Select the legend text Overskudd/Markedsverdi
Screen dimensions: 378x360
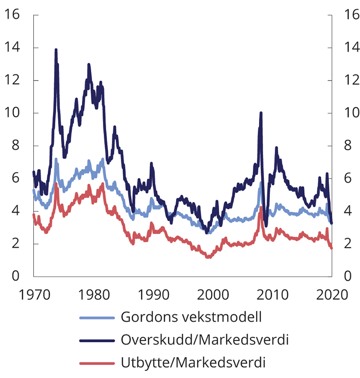tap(204, 339)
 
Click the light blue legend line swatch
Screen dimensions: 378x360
tap(97, 317)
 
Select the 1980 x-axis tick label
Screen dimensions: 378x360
tap(94, 295)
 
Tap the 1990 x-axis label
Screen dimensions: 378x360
tap(153, 295)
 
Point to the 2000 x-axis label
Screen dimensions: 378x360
tap(213, 295)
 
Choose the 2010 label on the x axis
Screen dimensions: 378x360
tap(272, 295)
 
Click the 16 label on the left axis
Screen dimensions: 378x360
tap(12, 15)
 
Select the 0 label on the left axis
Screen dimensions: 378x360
tap(16, 276)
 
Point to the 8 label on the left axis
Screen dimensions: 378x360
tap(16, 146)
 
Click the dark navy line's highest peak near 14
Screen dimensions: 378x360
tap(56, 50)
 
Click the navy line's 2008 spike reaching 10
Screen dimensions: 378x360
tap(261, 113)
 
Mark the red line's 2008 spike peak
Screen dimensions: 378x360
tap(261, 207)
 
